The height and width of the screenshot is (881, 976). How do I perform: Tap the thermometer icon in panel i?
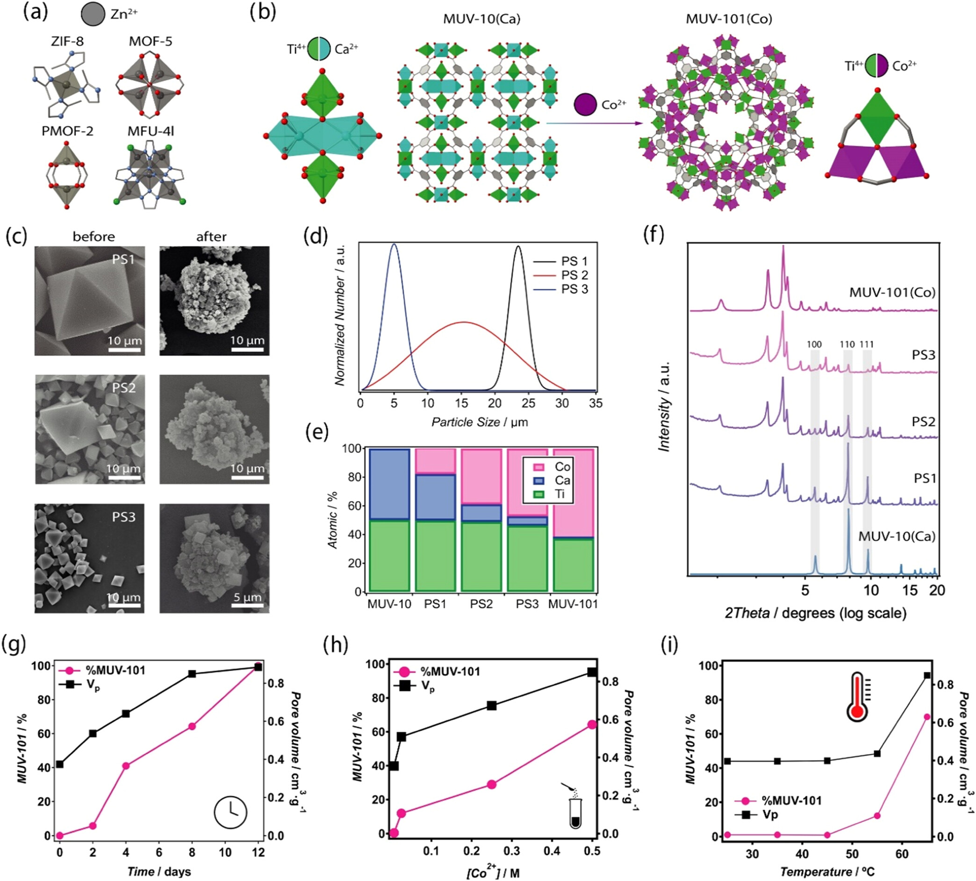(x=857, y=696)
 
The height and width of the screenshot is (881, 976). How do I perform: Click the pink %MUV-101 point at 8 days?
(x=192, y=726)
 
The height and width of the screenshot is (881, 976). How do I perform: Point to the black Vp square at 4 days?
(x=126, y=714)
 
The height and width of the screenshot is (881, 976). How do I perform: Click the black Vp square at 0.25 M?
(x=491, y=705)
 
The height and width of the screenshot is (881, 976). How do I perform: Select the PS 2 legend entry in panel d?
(x=574, y=275)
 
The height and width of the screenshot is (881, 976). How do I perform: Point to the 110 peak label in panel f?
(x=847, y=344)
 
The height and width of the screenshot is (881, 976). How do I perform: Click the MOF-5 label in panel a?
(x=151, y=42)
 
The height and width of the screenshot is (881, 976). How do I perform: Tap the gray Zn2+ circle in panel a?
(x=93, y=14)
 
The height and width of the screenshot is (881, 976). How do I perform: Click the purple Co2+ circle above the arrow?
(x=585, y=105)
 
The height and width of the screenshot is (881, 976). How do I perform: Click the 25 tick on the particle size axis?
(x=529, y=403)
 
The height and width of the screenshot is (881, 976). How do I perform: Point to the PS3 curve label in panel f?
(x=923, y=355)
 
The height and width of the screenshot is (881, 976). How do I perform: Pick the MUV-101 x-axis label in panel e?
(x=573, y=604)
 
